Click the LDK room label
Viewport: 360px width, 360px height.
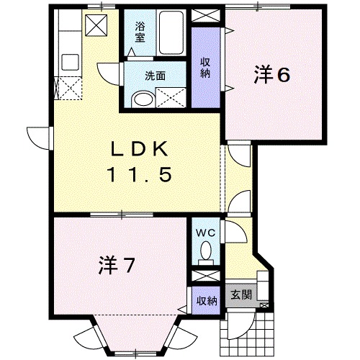(x=139, y=149)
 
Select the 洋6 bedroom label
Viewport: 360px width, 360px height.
(x=272, y=75)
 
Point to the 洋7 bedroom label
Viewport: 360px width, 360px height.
(x=116, y=265)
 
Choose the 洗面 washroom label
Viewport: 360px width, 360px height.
(x=156, y=76)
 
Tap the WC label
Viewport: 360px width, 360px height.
(x=206, y=233)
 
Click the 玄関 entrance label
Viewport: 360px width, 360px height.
(x=241, y=294)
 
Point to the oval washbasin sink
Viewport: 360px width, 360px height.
(x=143, y=99)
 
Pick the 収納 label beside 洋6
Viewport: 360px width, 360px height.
(x=205, y=68)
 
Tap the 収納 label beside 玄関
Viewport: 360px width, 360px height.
(x=207, y=301)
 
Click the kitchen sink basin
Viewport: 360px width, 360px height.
(x=70, y=62)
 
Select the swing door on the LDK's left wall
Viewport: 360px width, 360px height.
(x=40, y=138)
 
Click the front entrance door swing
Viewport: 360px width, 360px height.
(x=240, y=325)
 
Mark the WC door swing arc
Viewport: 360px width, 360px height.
(x=236, y=231)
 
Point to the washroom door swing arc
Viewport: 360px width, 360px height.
(x=109, y=74)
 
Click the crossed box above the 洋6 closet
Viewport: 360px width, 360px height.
(x=206, y=16)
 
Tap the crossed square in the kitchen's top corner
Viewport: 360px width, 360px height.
(x=96, y=25)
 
